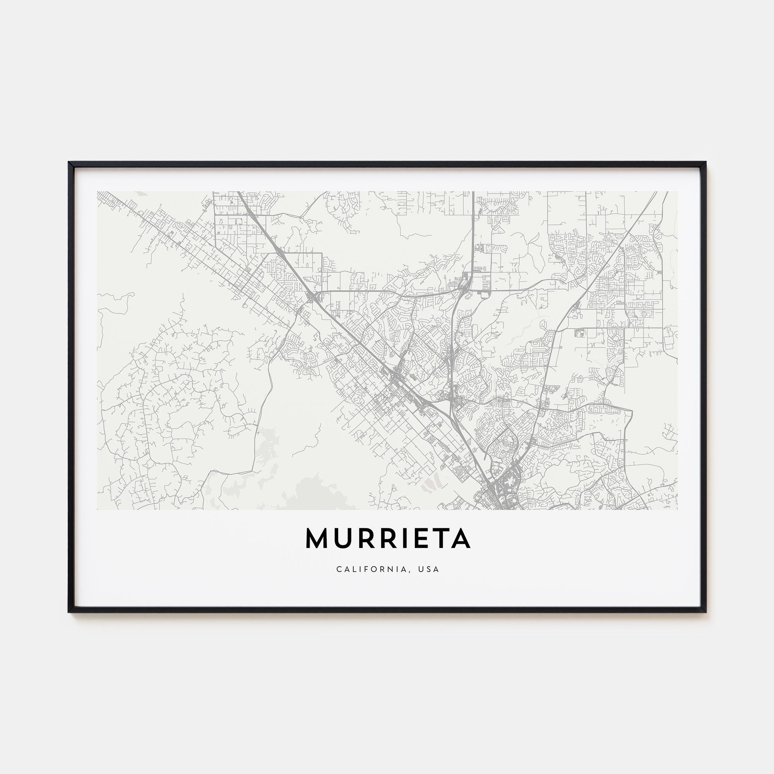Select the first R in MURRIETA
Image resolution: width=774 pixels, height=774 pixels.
[x=362, y=539]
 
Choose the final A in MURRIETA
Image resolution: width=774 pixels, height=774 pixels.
[x=459, y=539]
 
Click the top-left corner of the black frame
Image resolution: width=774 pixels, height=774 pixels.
[x=69, y=162]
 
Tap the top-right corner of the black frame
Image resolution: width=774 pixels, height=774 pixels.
[x=706, y=162]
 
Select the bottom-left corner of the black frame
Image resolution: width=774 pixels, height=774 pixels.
[x=69, y=612]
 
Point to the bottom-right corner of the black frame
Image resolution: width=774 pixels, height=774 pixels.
[x=706, y=612]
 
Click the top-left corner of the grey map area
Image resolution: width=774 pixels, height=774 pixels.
[x=98, y=192]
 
